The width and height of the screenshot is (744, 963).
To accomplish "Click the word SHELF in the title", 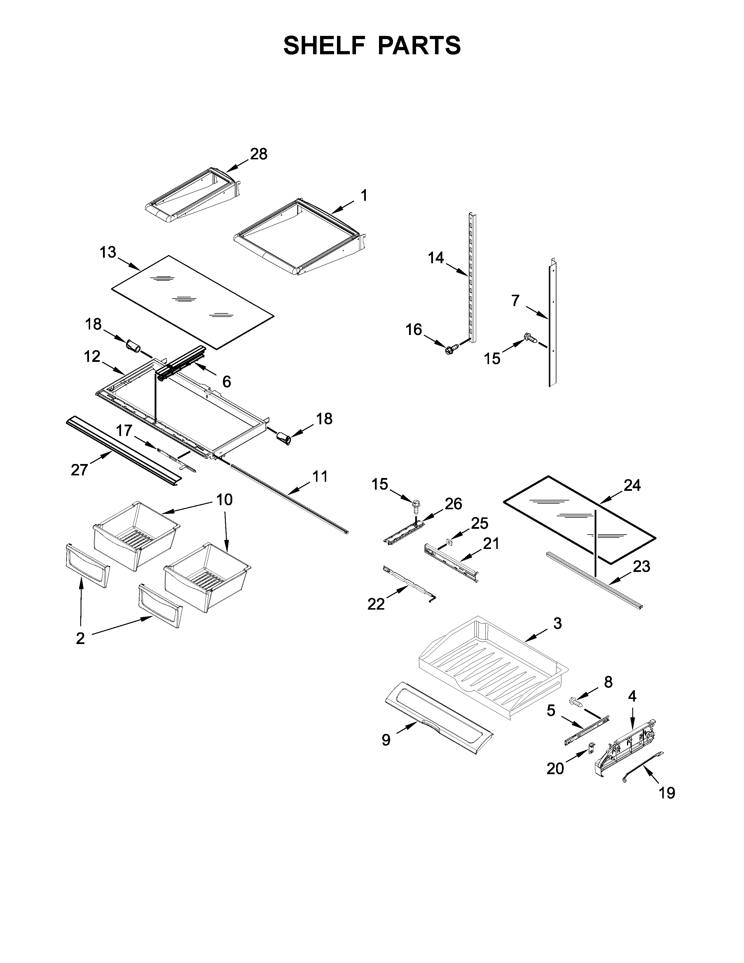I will coord(324,46).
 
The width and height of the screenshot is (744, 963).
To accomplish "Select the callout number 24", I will coord(632,486).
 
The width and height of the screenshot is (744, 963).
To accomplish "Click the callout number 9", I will coord(386,740).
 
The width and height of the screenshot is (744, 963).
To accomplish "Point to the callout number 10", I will coord(224,500).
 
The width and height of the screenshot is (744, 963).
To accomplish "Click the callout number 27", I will coord(79,470).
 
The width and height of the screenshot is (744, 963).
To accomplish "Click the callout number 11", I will coord(320,477).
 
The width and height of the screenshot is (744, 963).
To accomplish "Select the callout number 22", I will coord(376,604).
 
